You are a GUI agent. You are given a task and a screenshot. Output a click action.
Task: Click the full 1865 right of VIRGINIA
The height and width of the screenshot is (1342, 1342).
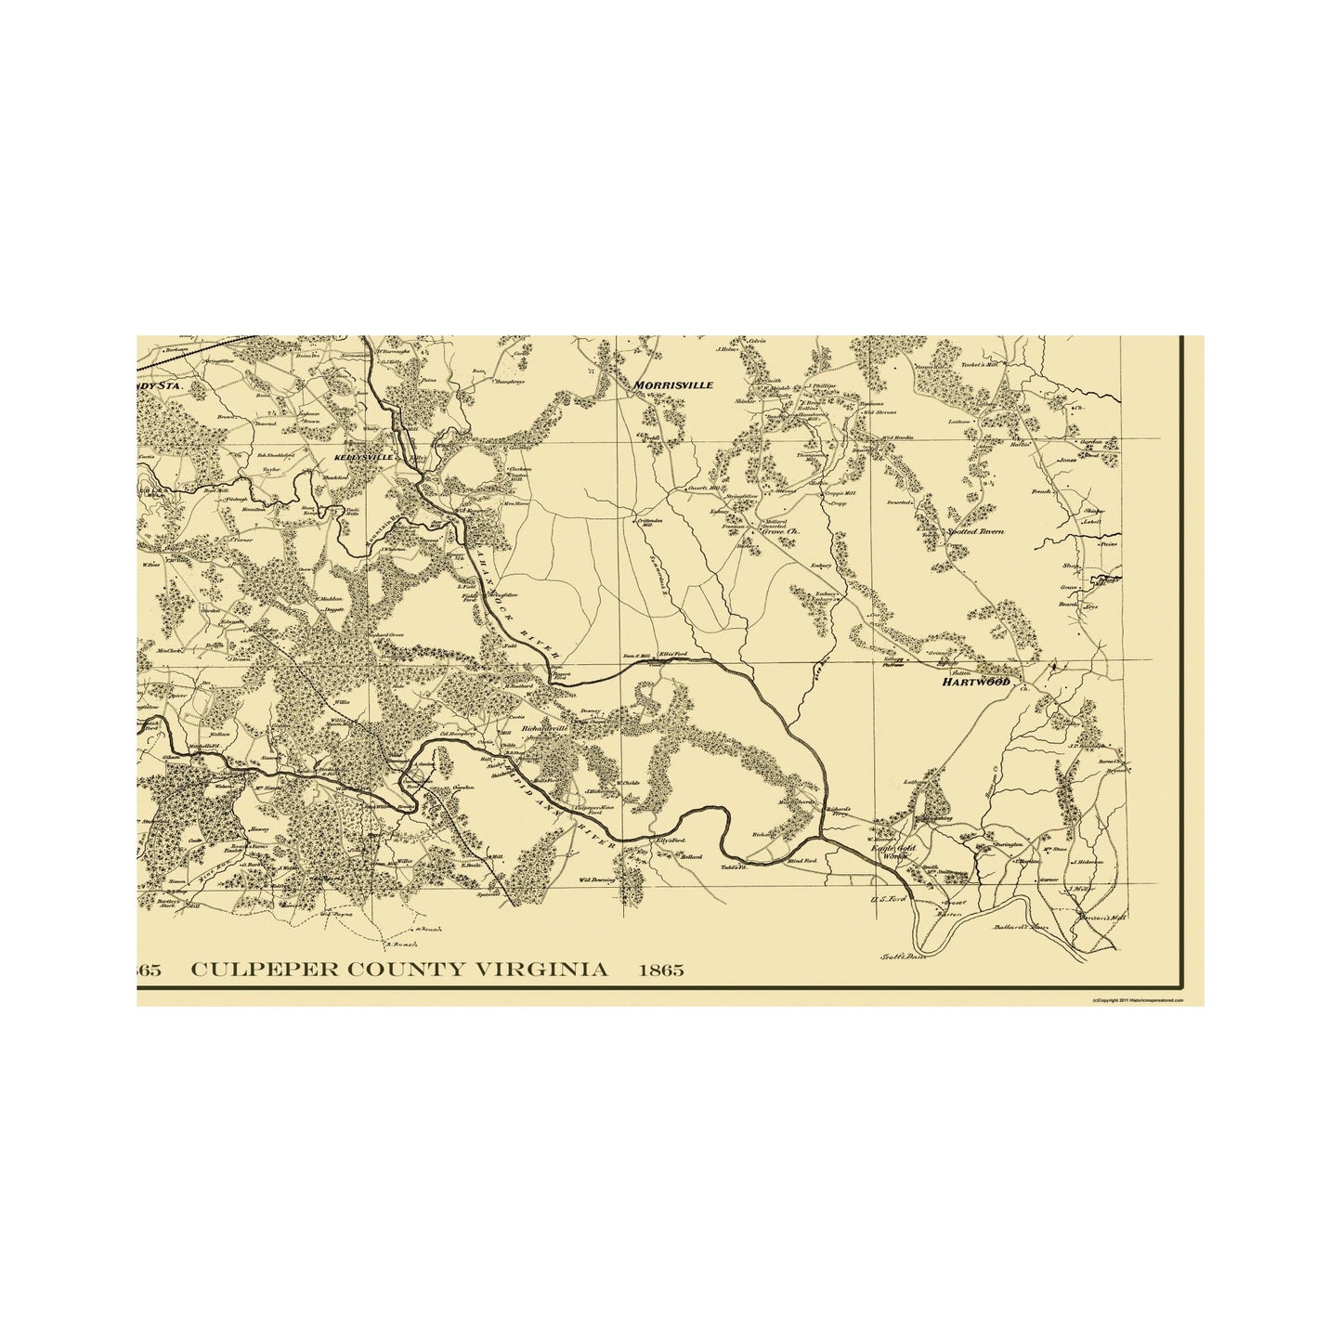pyautogui.click(x=660, y=971)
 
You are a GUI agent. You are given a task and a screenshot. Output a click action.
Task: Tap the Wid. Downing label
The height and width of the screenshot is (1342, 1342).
pyautogui.click(x=598, y=878)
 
